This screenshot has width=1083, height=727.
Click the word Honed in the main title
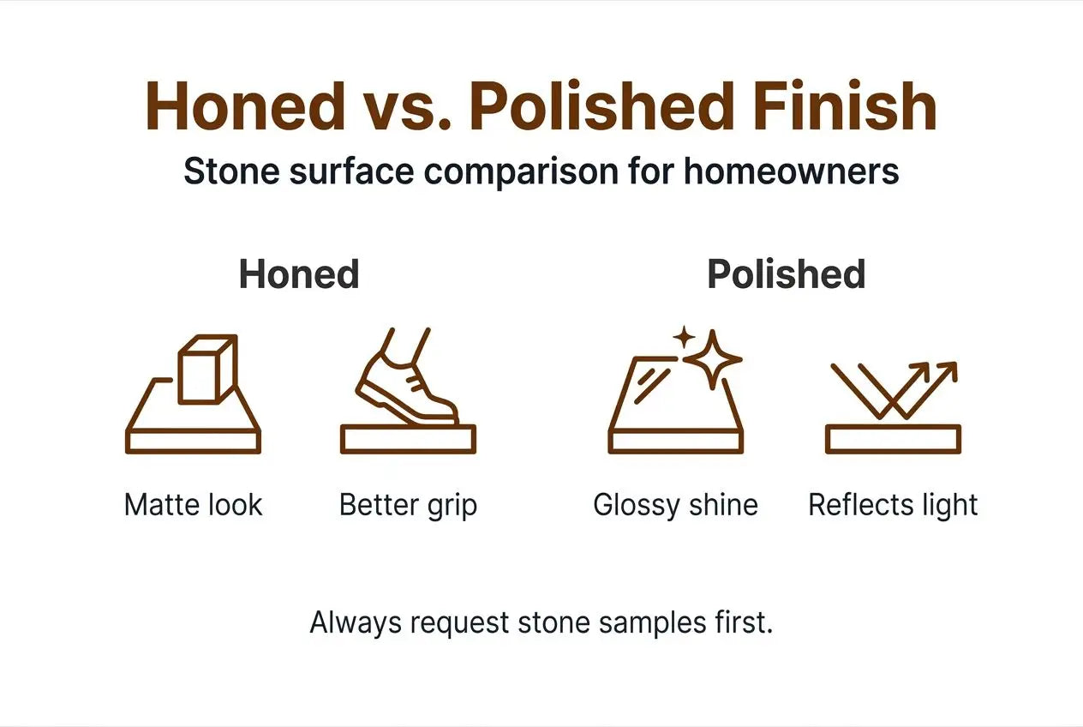(x=245, y=107)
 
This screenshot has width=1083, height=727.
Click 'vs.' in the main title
(x=406, y=107)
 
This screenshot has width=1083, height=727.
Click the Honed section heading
(x=299, y=274)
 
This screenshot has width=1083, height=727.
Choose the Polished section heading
(x=786, y=274)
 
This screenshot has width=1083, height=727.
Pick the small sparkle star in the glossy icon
(x=684, y=337)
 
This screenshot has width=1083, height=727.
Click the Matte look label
(x=193, y=505)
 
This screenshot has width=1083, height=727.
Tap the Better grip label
(x=408, y=505)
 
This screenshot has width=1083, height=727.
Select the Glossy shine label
(x=675, y=505)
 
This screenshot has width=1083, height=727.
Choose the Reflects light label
(x=893, y=505)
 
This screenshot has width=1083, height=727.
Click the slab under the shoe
(x=408, y=439)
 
